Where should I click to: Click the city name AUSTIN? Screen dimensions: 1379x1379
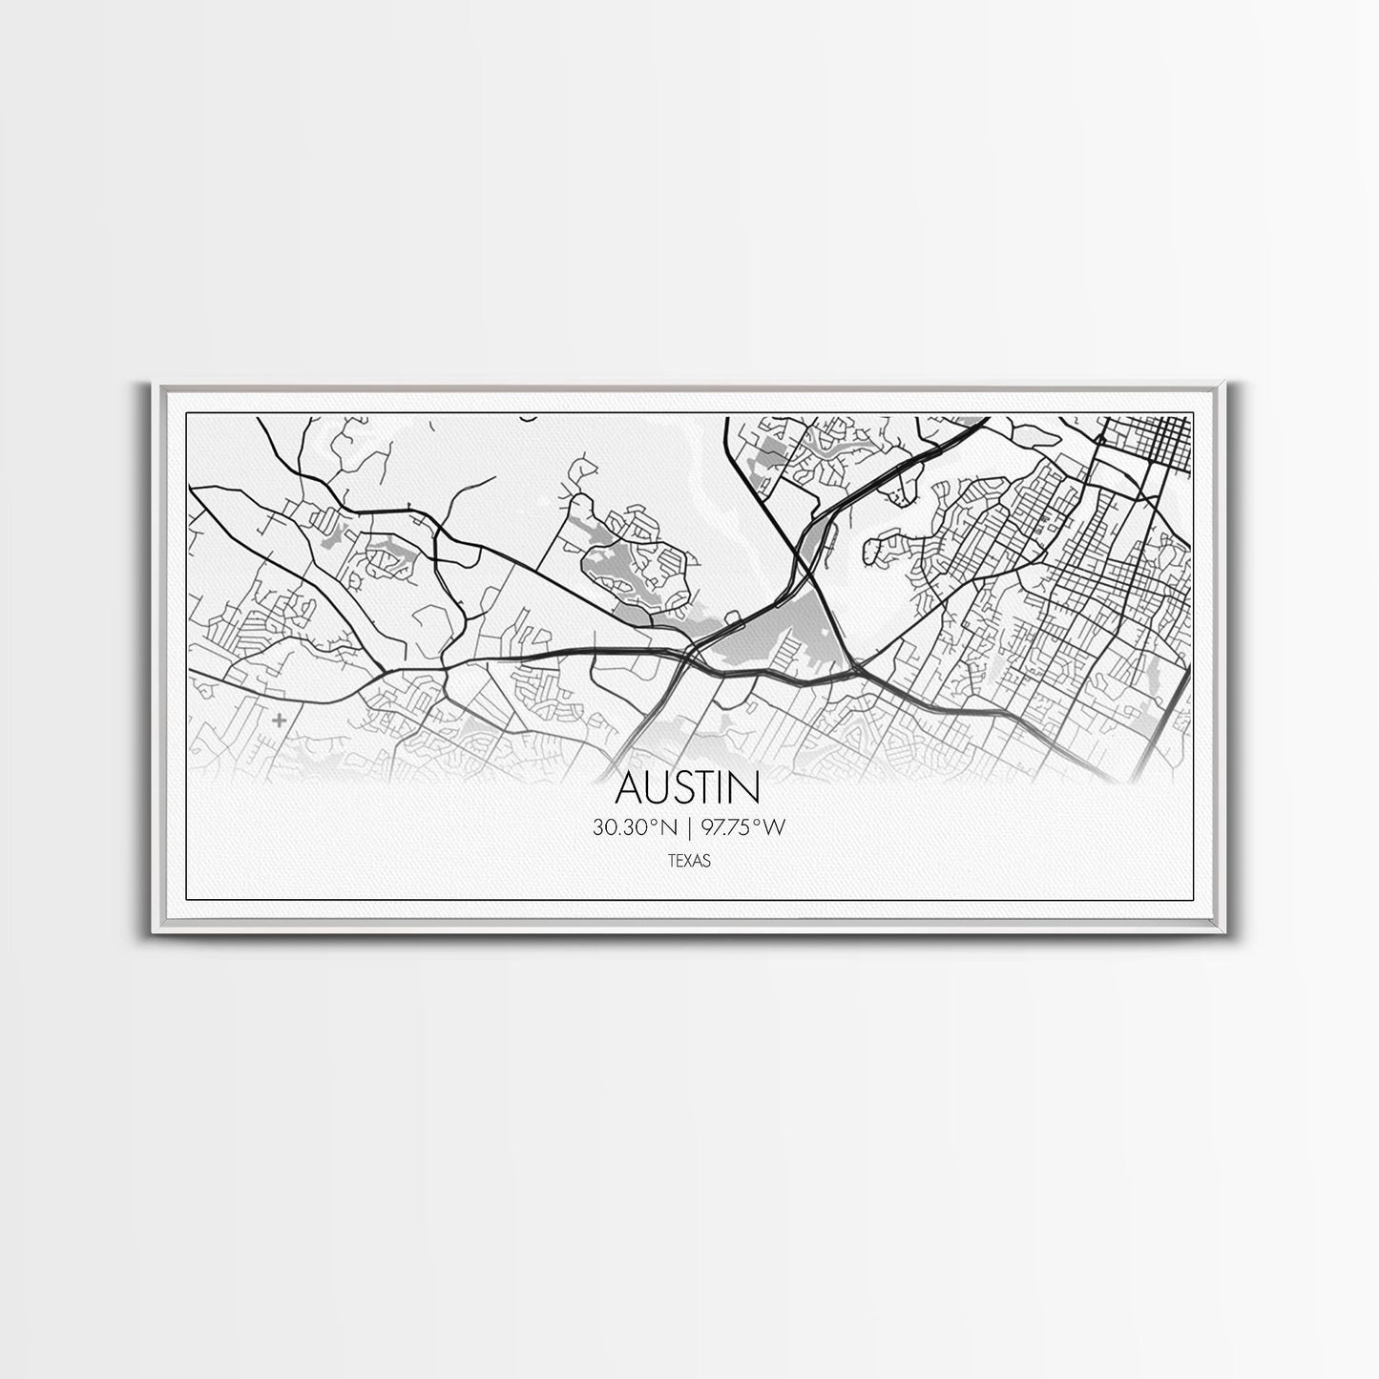pos(688,788)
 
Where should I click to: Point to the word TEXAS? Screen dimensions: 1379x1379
pos(688,861)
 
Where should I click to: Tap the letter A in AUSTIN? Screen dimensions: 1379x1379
pos(630,788)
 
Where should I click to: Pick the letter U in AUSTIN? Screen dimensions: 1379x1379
pos(659,788)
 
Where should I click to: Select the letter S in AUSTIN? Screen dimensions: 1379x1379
pos(685,788)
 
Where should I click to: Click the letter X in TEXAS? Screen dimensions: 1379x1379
pos(689,861)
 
